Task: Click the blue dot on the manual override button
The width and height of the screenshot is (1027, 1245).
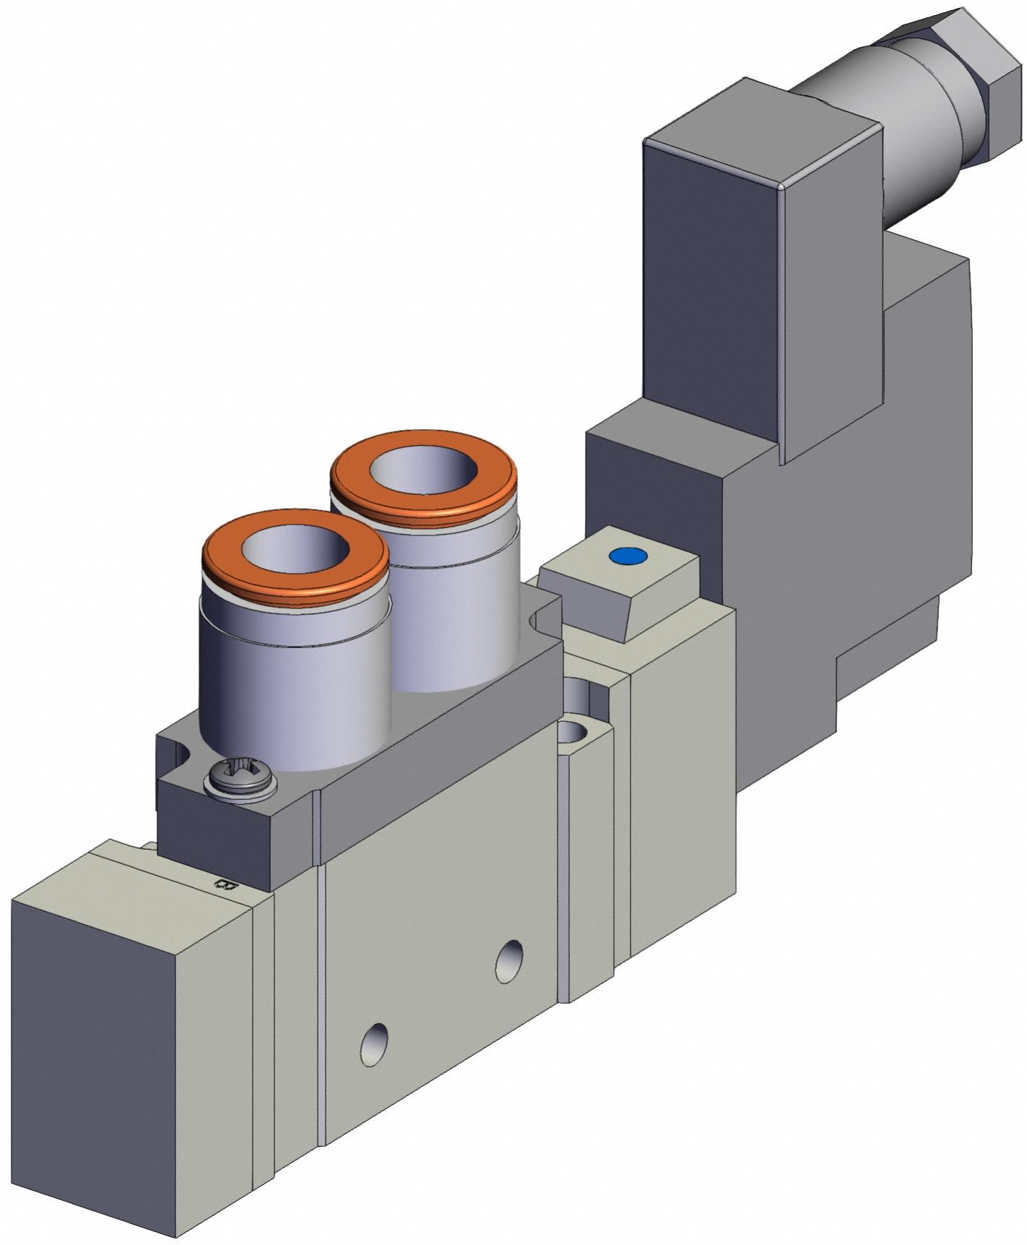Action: click(626, 556)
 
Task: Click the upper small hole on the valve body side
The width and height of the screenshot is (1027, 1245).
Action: click(511, 960)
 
